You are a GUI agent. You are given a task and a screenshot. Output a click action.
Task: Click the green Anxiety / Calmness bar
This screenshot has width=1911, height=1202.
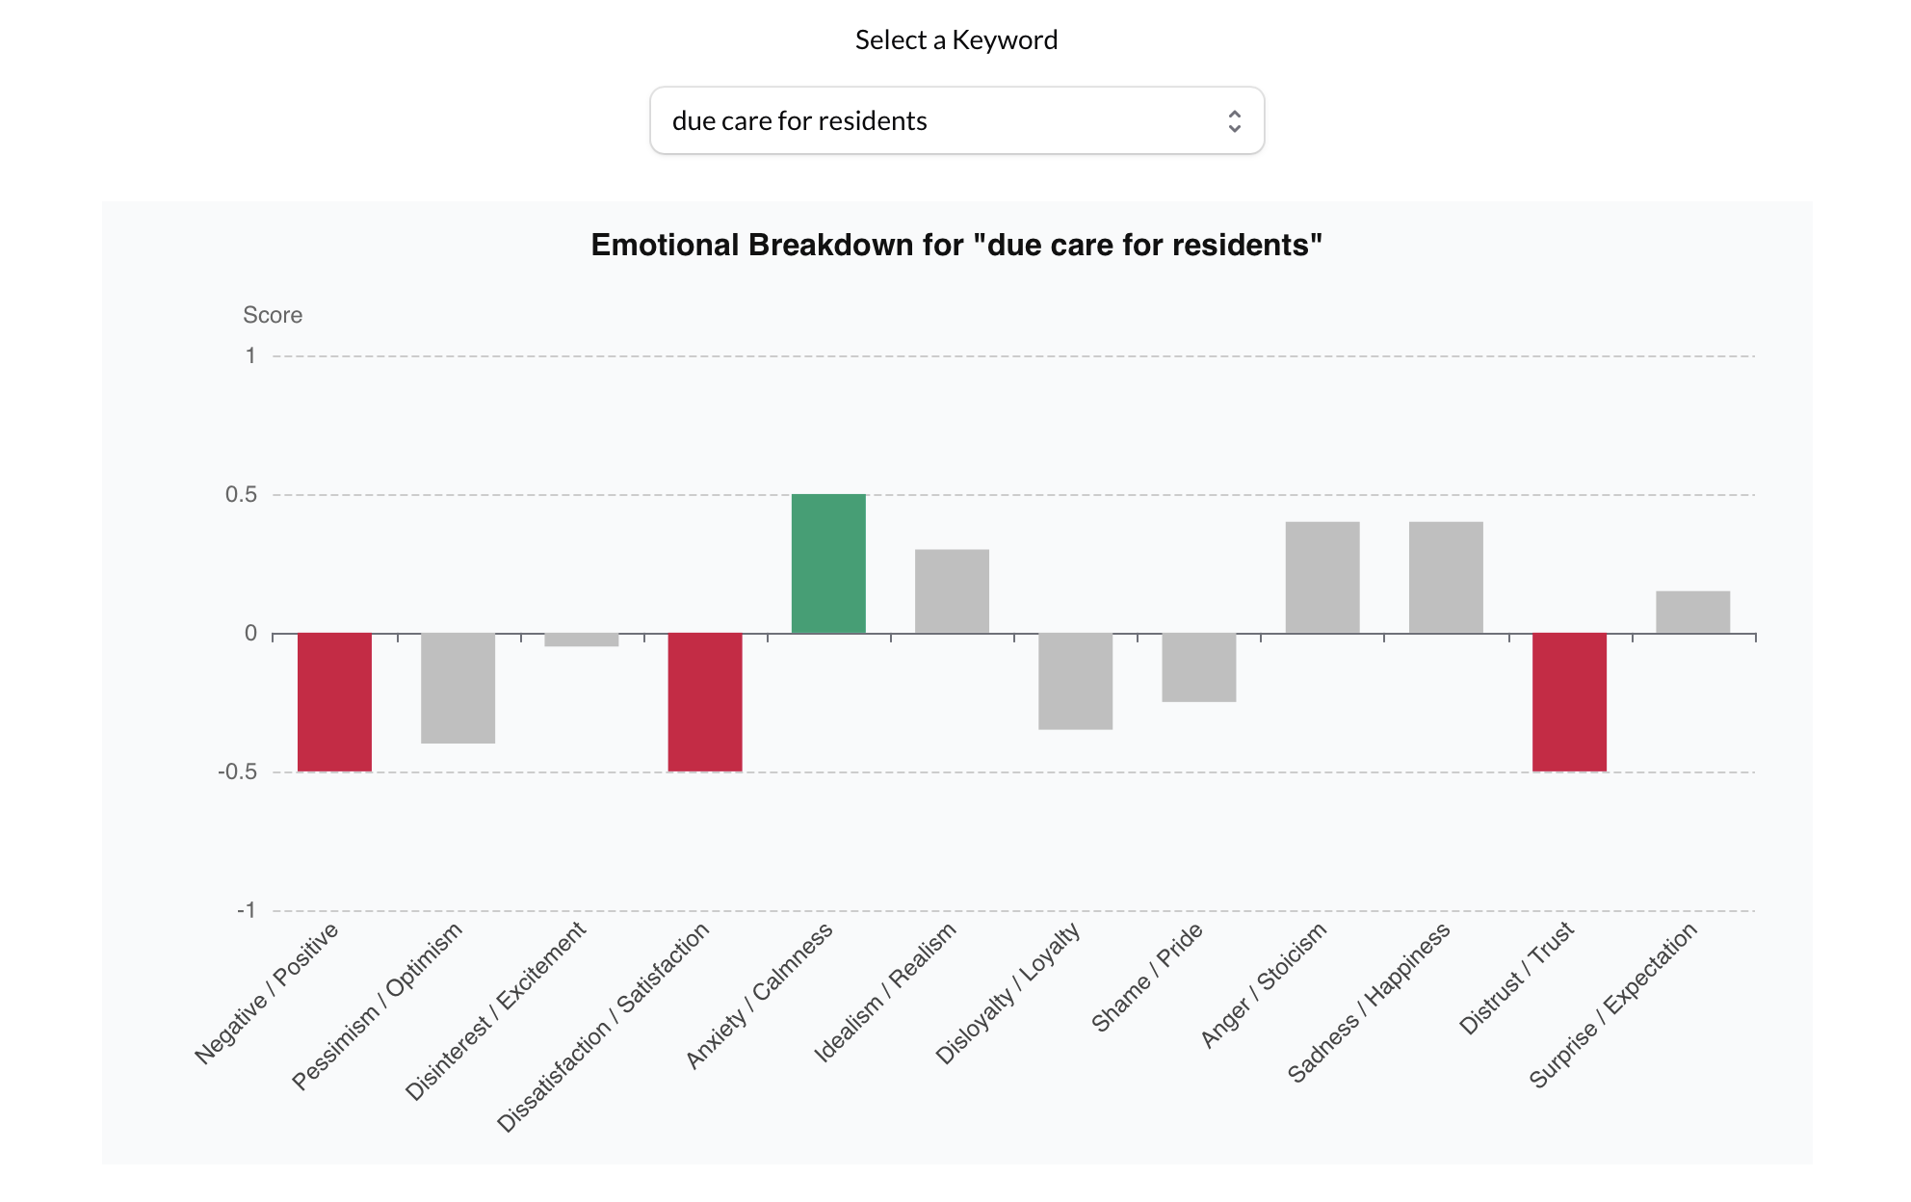coord(828,563)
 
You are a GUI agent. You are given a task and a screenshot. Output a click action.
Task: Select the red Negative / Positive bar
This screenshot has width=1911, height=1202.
coord(334,701)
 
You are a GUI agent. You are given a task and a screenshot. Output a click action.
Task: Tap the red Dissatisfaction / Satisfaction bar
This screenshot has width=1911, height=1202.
coord(705,701)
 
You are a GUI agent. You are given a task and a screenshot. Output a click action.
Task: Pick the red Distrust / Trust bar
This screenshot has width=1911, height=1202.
coord(1569,701)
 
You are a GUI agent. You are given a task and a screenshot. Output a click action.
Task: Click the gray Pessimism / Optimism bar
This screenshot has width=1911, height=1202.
coord(458,688)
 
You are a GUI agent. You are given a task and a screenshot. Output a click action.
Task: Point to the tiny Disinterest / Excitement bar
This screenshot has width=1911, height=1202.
coord(581,640)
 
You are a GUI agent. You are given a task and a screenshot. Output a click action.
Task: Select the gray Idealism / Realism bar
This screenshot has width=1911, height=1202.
coord(952,591)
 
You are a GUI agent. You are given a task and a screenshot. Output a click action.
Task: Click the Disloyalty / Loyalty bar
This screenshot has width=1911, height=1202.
coord(1075,681)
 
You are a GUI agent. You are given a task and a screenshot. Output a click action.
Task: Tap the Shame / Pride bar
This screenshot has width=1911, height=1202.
coord(1198,666)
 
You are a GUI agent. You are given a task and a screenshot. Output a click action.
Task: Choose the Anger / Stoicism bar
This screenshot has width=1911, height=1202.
coord(1322,578)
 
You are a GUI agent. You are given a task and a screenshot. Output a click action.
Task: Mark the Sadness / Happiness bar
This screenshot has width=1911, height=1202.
coord(1446,578)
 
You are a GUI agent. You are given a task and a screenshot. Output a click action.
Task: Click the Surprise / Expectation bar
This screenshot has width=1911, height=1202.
coord(1692,612)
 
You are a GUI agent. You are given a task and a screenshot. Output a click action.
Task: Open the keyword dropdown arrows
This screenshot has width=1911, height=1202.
coord(1234,120)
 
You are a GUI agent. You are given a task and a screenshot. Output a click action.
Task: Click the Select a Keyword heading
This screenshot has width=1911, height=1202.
coord(955,39)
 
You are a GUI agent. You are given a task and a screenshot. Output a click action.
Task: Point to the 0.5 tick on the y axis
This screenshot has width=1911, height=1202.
coord(241,495)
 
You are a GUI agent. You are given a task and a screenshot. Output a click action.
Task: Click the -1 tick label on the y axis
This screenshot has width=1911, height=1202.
coord(247,910)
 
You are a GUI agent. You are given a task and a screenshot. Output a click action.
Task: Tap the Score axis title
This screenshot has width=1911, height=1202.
coord(273,315)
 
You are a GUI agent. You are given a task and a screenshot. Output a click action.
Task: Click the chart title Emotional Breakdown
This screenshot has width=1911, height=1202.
coord(955,245)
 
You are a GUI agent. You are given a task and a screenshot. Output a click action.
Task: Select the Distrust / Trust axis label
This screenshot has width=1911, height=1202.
coord(1516,978)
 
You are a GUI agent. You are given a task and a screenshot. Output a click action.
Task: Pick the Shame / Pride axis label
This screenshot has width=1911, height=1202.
coord(1146,977)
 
